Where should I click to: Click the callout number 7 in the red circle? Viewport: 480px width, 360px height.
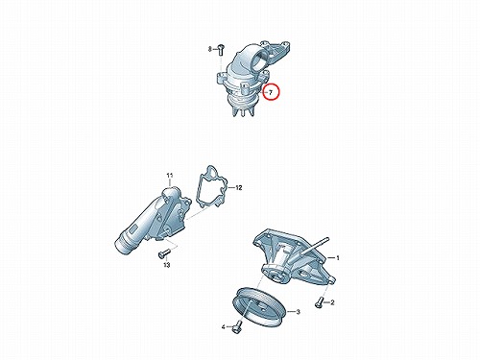pyautogui.click(x=271, y=93)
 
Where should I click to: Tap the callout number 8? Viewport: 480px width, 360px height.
pyautogui.click(x=210, y=49)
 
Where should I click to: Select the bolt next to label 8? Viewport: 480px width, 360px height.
pyautogui.click(x=221, y=50)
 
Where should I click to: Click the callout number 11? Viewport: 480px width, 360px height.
pyautogui.click(x=170, y=176)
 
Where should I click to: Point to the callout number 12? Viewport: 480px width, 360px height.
pyautogui.click(x=239, y=187)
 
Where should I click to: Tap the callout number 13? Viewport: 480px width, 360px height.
pyautogui.click(x=167, y=265)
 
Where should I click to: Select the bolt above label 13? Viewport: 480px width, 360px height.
pyautogui.click(x=163, y=254)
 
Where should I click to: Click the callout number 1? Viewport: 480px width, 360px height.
pyautogui.click(x=337, y=258)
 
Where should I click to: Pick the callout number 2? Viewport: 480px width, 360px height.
pyautogui.click(x=332, y=302)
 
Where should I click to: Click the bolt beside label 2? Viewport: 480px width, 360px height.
pyautogui.click(x=319, y=301)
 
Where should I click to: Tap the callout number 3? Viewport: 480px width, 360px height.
pyautogui.click(x=298, y=312)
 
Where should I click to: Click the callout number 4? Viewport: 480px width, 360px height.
pyautogui.click(x=224, y=327)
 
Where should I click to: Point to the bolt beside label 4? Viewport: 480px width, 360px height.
pyautogui.click(x=237, y=325)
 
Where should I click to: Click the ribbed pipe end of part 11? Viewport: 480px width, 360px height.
pyautogui.click(x=123, y=243)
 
